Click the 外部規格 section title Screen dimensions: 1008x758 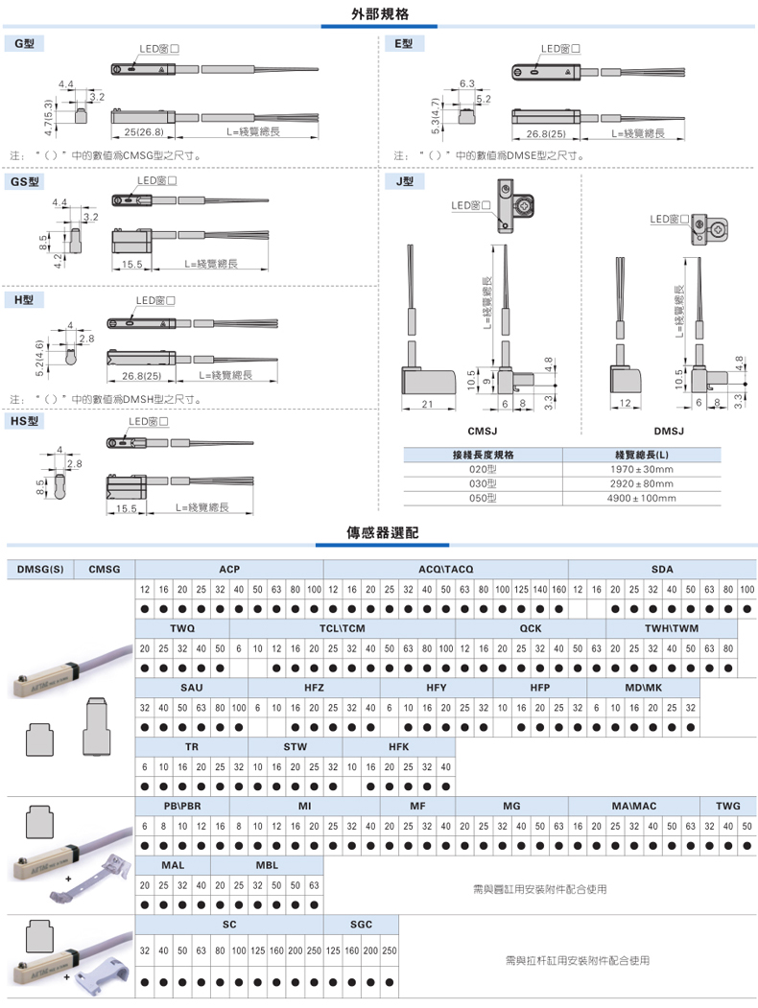[x=378, y=14]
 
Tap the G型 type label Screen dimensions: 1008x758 [x=24, y=44]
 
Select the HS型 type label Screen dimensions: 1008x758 [x=25, y=420]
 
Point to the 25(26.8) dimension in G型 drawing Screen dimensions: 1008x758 [x=144, y=131]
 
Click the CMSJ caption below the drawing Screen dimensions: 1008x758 [x=482, y=432]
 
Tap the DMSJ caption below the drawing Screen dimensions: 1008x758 [x=669, y=432]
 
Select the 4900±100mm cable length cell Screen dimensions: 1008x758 [x=641, y=498]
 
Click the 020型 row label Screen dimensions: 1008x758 [x=482, y=469]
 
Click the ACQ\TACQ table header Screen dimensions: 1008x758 [x=446, y=570]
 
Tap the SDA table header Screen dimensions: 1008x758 [x=662, y=570]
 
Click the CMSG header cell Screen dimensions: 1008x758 [x=105, y=570]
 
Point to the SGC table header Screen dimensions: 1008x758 [x=361, y=924]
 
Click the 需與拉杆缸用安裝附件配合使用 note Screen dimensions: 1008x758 [x=577, y=959]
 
